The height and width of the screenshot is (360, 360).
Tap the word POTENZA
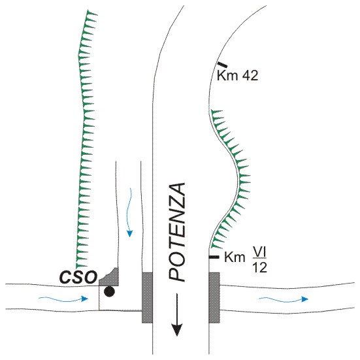tap(177, 232)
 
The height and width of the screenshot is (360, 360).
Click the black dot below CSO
tap(109, 291)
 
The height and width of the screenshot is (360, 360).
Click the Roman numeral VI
tap(260, 252)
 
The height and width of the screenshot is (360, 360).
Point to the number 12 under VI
tap(259, 267)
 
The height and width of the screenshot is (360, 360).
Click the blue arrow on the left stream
tap(63, 299)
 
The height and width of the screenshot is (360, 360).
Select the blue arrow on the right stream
tap(284, 299)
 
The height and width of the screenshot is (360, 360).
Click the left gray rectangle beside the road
tap(147, 297)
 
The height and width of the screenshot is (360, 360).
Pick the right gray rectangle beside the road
tap(214, 297)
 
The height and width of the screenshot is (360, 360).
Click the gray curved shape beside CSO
tap(109, 277)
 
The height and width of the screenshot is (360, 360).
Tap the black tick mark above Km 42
tap(222, 65)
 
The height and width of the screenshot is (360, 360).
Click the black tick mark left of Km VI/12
tap(214, 257)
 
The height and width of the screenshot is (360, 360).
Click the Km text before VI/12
tap(235, 257)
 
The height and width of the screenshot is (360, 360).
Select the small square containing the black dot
tap(108, 298)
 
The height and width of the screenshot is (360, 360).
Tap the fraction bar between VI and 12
tap(260, 259)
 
